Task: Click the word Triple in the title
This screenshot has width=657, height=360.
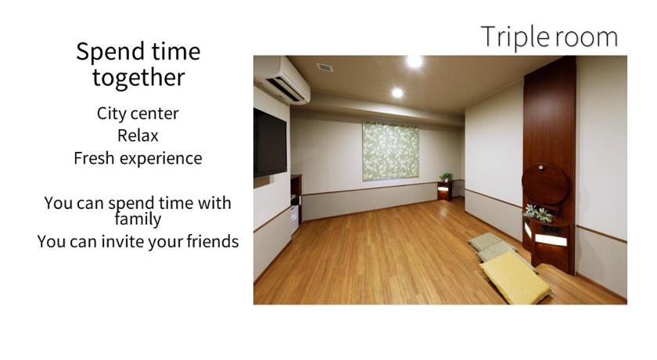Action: coord(515,38)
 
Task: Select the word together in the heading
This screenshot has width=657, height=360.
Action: coord(138,78)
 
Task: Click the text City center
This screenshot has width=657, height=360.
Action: coord(138,113)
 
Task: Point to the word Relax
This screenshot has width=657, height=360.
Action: coord(138,136)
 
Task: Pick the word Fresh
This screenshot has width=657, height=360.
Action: coord(94,158)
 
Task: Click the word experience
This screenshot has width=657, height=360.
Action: coord(161,159)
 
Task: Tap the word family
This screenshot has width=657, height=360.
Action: coord(138,219)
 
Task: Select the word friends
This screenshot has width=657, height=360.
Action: coord(213,241)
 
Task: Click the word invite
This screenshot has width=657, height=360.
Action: coord(119,241)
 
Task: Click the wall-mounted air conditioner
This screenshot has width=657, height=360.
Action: coord(282,80)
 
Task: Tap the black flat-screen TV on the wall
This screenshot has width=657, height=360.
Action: coord(270,143)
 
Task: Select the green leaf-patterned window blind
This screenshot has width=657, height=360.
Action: coord(390,151)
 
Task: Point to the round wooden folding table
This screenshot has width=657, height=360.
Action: coord(544,184)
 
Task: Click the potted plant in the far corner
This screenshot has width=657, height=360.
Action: coord(446,177)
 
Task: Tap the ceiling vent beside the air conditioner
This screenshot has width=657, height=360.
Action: coord(325,67)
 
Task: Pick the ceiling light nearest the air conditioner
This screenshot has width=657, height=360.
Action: coord(397,92)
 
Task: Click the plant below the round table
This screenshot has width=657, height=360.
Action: coord(539,214)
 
